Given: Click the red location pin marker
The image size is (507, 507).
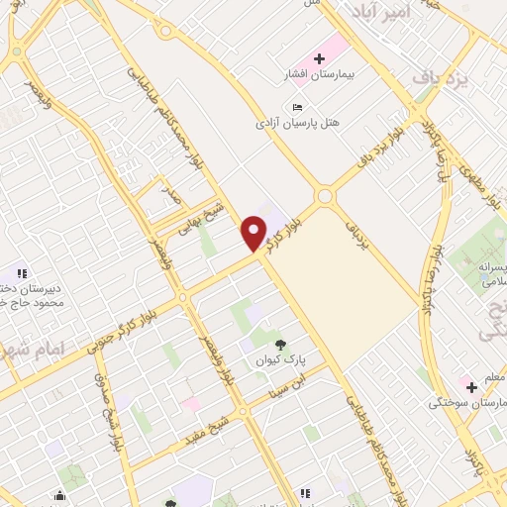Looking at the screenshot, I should point(254,234).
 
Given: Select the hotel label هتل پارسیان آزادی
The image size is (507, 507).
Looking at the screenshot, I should point(297,123).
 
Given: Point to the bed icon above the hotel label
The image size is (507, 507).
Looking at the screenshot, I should point(297,107).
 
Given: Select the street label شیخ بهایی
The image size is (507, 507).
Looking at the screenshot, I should point(202,217).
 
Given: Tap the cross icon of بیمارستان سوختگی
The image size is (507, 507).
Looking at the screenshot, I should point(471,385).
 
